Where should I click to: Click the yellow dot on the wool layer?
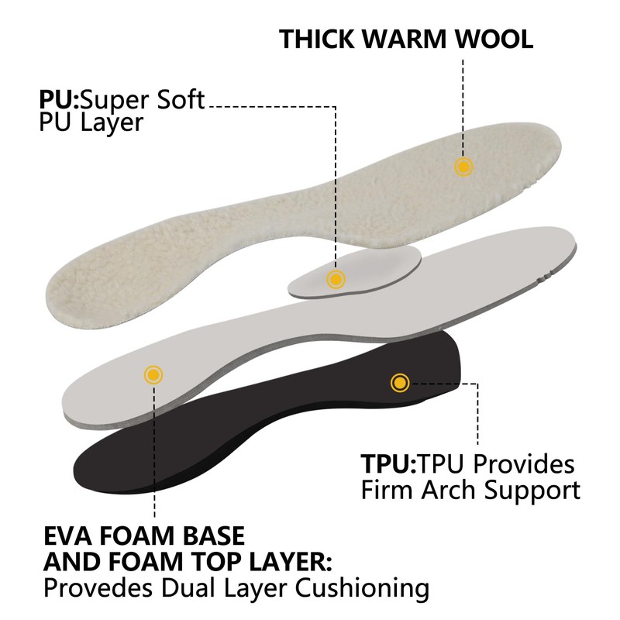coord(463,166)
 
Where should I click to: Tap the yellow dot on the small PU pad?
coord(336,279)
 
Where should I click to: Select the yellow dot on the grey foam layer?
coord(153,375)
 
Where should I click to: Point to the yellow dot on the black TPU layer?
coord(400,381)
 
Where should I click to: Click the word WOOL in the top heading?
coord(493,40)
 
